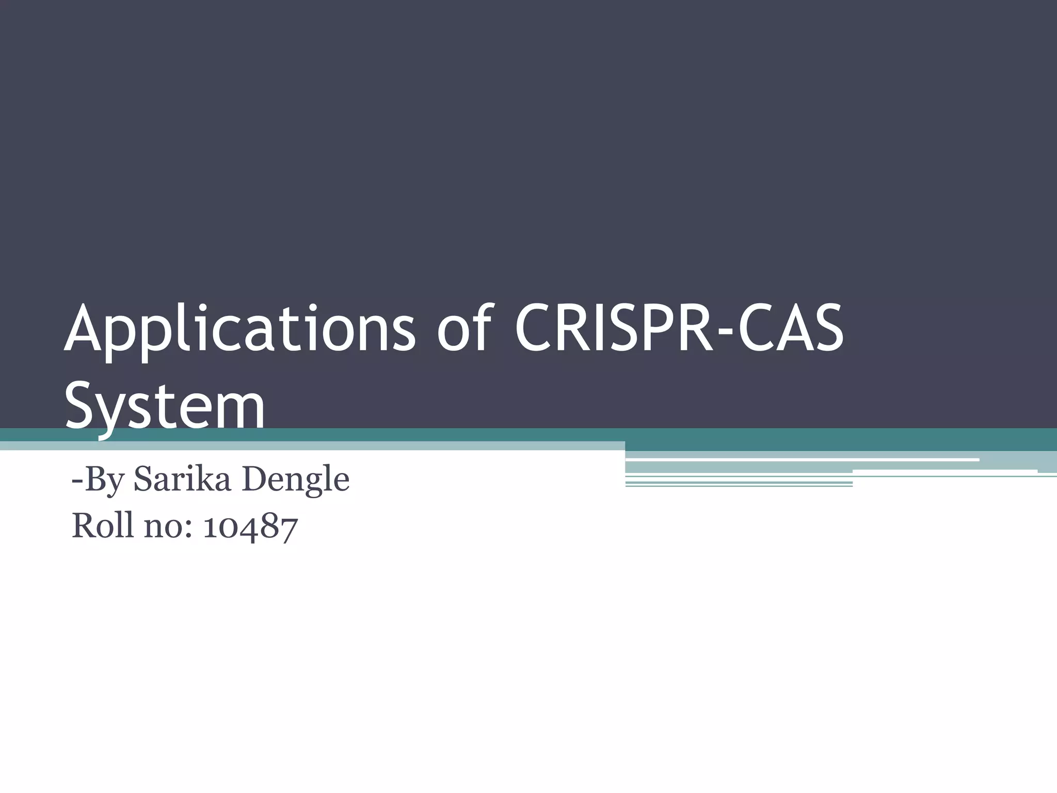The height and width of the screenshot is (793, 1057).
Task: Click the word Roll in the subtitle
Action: pyautogui.click(x=103, y=526)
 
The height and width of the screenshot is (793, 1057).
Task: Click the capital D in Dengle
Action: pyautogui.click(x=253, y=479)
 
